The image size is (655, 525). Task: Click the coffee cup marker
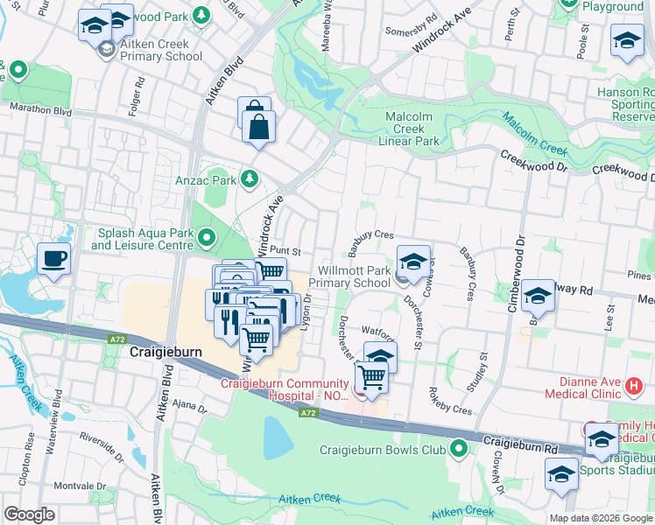[54, 259]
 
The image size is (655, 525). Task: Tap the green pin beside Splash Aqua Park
[207, 237]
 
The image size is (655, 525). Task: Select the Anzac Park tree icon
[250, 179]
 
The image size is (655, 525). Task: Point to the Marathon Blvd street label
[40, 111]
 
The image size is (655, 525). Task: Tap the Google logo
[29, 514]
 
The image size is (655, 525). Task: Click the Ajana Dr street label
[187, 407]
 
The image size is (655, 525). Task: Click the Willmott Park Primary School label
[354, 276]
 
